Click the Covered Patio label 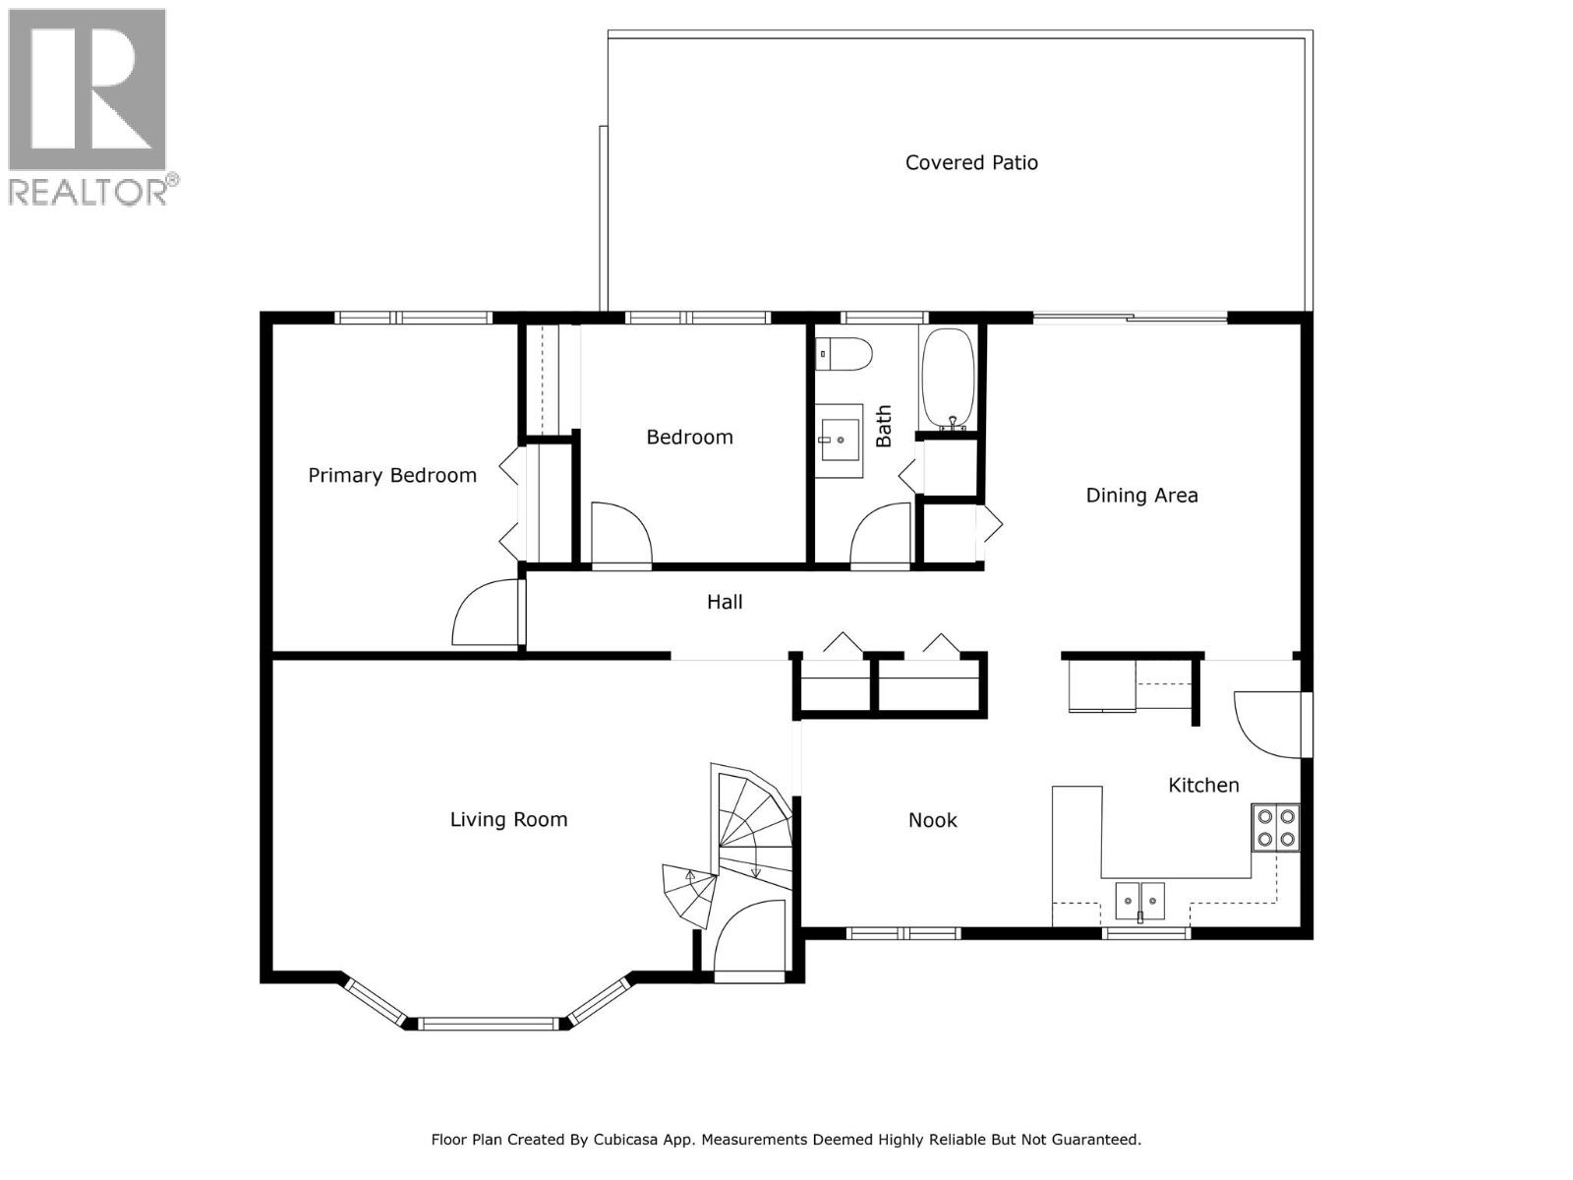point(971,162)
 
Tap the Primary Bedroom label point(392,475)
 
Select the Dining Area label point(1141,495)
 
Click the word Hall point(725,602)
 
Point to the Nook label point(932,820)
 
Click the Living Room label point(508,819)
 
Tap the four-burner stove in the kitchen point(1275,827)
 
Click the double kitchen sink point(1139,898)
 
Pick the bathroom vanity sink point(839,441)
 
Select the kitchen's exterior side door point(1268,726)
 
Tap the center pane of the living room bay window point(486,1024)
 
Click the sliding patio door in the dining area point(1130,318)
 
